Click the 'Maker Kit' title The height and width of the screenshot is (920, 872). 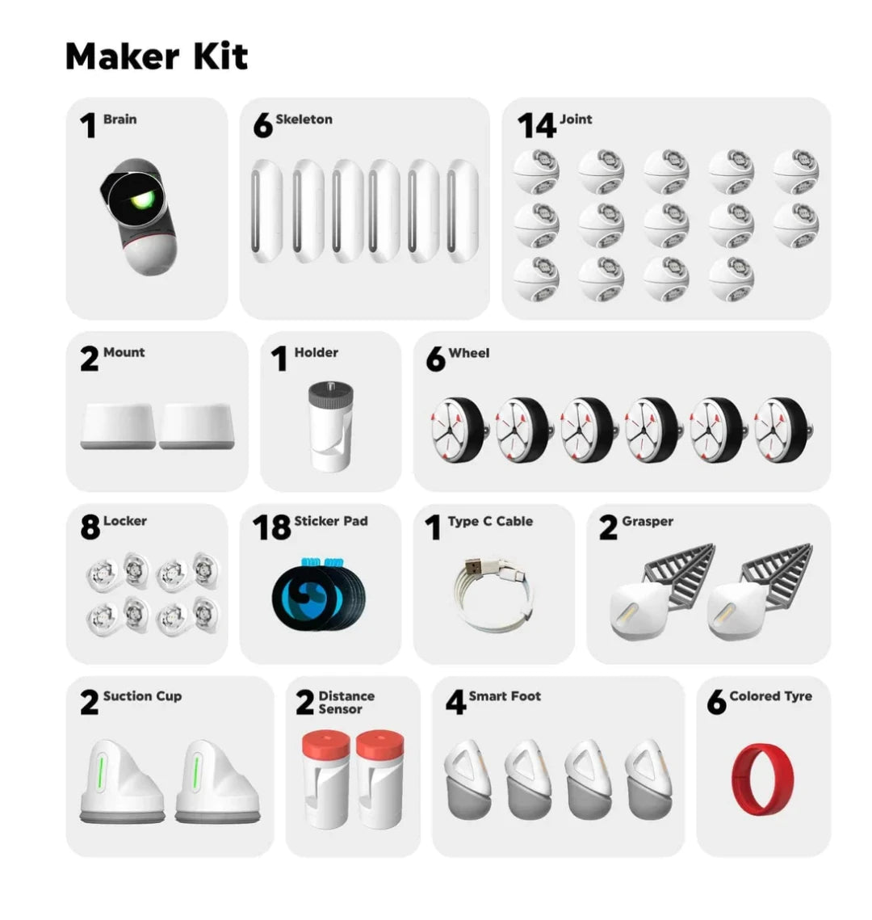157,57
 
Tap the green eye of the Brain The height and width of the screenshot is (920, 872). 142,200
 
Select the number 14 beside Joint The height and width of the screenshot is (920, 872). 536,125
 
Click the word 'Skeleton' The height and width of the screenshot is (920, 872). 304,119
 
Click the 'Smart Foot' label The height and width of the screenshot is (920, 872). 505,696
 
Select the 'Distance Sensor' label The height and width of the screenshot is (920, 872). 346,703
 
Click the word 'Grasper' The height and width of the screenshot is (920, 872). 648,522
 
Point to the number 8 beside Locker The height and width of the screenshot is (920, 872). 90,527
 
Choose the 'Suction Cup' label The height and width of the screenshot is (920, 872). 142,696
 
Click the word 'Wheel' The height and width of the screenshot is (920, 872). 468,353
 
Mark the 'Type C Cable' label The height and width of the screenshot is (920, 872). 490,522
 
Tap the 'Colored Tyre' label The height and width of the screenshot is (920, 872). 770,696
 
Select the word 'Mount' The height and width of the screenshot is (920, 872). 124,352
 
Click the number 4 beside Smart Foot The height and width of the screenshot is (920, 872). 455,702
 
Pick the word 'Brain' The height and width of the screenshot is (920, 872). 119,119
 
